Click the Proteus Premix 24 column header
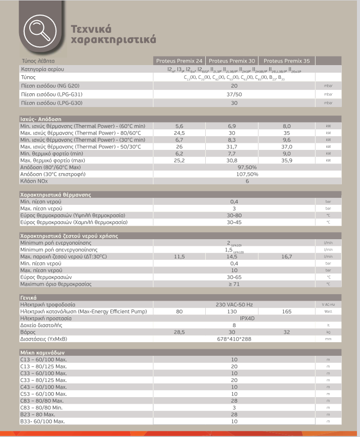click(179, 61)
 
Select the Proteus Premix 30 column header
click(232, 61)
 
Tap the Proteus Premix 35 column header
click(286, 61)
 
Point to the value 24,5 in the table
click(179, 132)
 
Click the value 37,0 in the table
click(287, 146)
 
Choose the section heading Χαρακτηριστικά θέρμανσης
click(55, 194)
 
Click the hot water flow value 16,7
click(287, 256)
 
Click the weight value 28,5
click(179, 332)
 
